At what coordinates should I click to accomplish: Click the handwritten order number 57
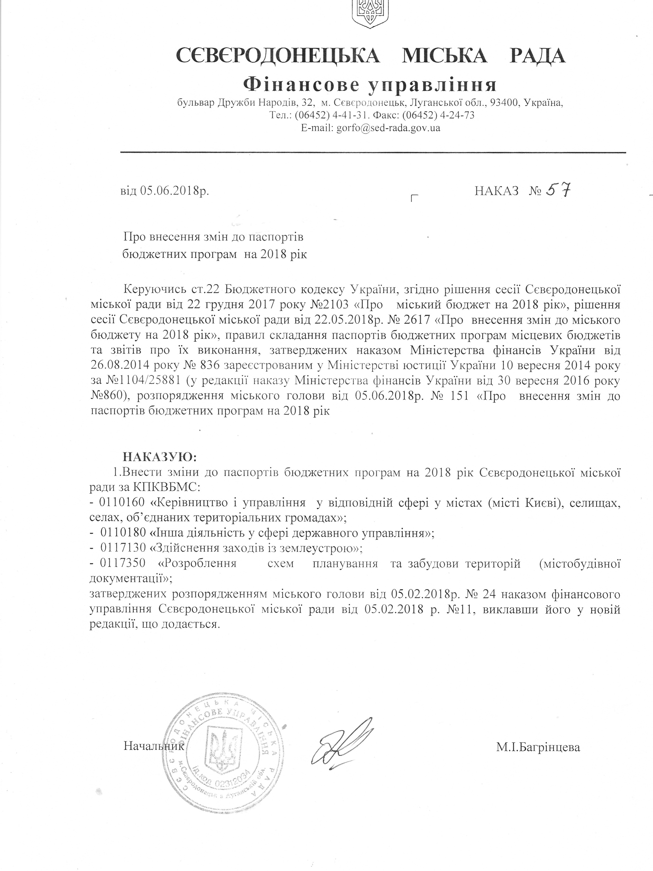(556, 191)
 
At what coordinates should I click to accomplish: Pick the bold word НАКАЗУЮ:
(159, 456)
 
